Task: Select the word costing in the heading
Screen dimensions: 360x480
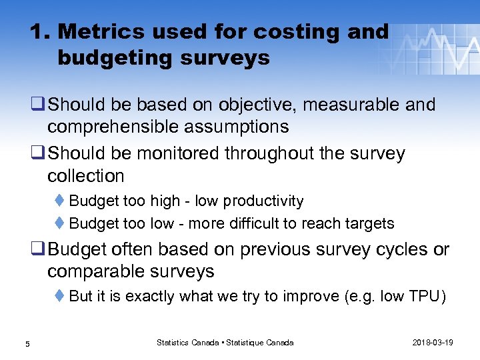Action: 266,31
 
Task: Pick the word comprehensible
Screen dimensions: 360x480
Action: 116,127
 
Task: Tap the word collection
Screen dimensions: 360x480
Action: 86,176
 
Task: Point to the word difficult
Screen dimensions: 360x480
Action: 245,223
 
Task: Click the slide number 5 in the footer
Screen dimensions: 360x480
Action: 27,343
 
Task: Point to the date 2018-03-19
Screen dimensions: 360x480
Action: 433,343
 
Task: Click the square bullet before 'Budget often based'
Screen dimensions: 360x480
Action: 38,250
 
